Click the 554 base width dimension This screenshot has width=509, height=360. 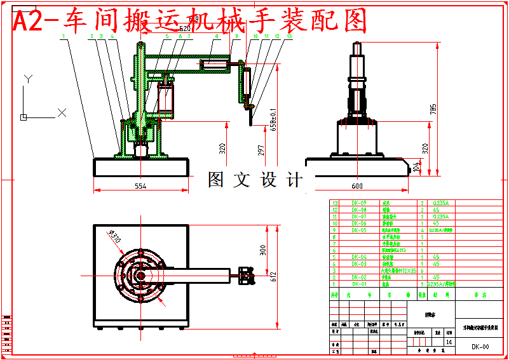140,186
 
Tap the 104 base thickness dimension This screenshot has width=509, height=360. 417,167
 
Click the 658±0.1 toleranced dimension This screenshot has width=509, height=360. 274,119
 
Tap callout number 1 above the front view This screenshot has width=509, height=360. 64,37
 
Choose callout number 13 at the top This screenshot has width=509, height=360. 290,37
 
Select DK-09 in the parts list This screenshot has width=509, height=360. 359,203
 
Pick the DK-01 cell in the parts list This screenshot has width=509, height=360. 359,284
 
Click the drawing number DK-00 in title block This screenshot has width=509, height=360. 480,347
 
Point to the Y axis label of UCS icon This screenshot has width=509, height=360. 27,79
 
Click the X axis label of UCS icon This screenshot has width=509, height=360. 62,112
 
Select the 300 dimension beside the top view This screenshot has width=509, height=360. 263,250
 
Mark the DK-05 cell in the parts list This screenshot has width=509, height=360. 359,230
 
